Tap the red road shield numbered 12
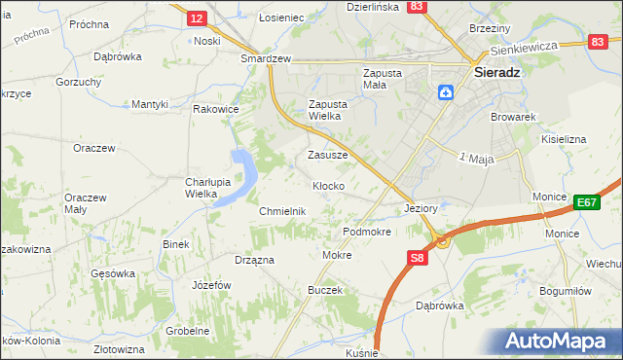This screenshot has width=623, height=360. [x=197, y=18]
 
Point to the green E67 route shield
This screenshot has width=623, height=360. [x=585, y=202]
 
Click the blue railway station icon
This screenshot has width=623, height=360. [x=446, y=92]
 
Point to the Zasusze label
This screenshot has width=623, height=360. [x=328, y=155]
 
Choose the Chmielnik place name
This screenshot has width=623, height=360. [x=282, y=211]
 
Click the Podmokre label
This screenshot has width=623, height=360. [x=367, y=233]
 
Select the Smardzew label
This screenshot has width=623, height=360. [x=267, y=58]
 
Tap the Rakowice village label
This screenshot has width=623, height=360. [x=216, y=109]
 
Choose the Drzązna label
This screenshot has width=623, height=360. [x=254, y=260]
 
